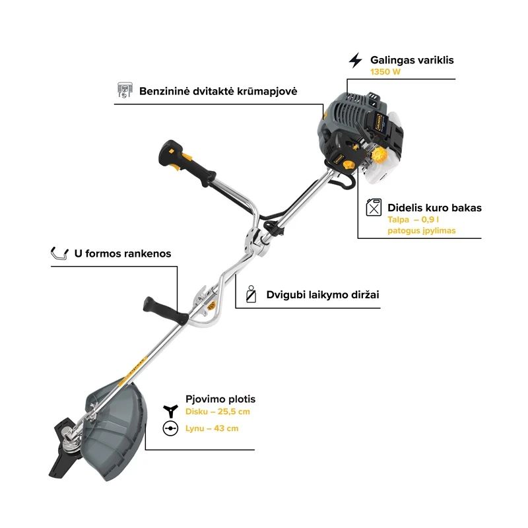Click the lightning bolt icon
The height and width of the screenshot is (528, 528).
click(x=355, y=60)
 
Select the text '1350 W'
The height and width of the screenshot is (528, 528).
click(x=385, y=72)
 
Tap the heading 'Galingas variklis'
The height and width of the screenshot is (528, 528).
click(x=412, y=60)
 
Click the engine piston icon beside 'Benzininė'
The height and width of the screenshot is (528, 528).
click(x=125, y=90)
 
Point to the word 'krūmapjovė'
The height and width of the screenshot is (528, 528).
click(x=268, y=91)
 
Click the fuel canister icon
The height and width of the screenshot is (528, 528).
click(x=374, y=207)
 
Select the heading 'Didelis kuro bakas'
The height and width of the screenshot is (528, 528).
click(x=434, y=208)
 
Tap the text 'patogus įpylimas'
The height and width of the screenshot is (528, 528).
click(x=422, y=230)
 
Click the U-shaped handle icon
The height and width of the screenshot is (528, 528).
click(x=59, y=253)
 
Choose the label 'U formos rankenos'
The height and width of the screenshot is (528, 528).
click(x=123, y=253)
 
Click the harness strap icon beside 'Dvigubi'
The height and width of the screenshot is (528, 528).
click(x=251, y=294)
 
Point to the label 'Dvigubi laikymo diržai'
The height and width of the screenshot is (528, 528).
click(x=323, y=294)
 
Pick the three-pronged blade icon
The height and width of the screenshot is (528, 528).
click(x=170, y=411)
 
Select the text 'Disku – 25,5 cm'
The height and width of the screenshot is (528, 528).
click(x=218, y=411)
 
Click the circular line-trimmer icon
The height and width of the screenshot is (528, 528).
click(x=170, y=428)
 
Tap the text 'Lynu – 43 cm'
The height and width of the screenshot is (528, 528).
click(x=212, y=428)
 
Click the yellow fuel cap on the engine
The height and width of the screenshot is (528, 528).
click(x=379, y=155)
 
